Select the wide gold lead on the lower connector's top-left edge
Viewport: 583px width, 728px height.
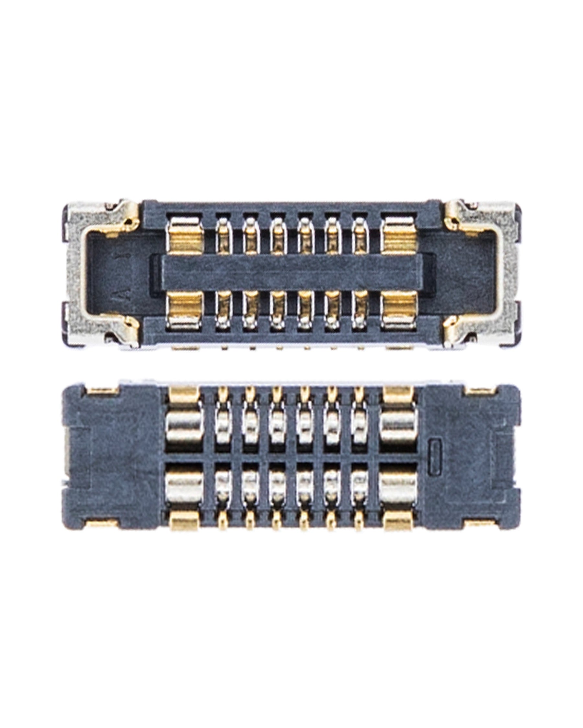coord(184,395)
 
